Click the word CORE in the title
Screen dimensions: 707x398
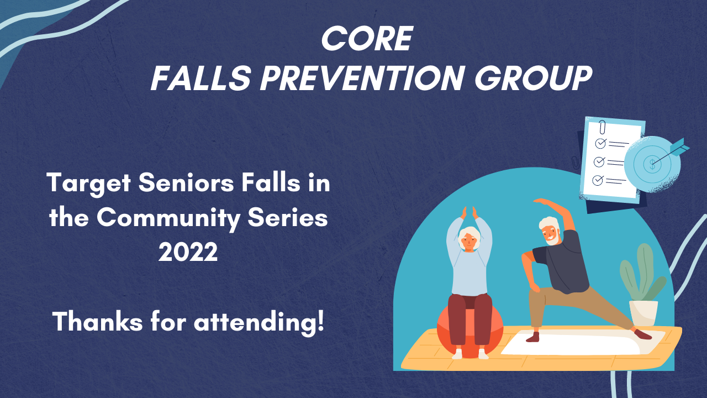(x=367, y=39)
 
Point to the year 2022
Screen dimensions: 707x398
(x=188, y=252)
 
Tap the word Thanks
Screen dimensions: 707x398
(x=98, y=321)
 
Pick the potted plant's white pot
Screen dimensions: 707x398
(x=643, y=313)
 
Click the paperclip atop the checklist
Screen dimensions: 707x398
(x=603, y=127)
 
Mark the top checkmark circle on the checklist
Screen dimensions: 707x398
(x=600, y=143)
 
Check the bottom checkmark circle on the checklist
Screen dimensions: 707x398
(x=598, y=180)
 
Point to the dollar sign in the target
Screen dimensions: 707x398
(x=652, y=164)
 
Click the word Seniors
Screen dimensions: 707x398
(x=186, y=183)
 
